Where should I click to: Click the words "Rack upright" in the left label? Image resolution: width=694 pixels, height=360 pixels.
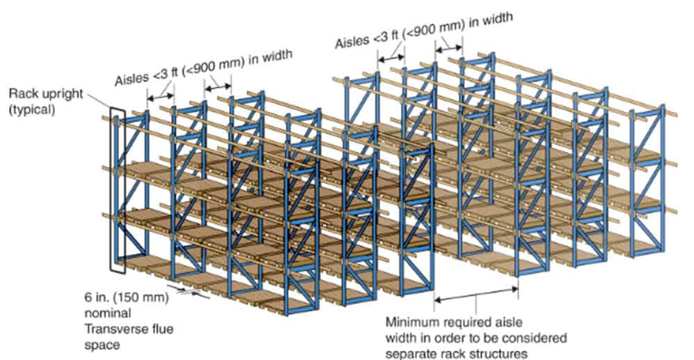click(38, 92)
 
